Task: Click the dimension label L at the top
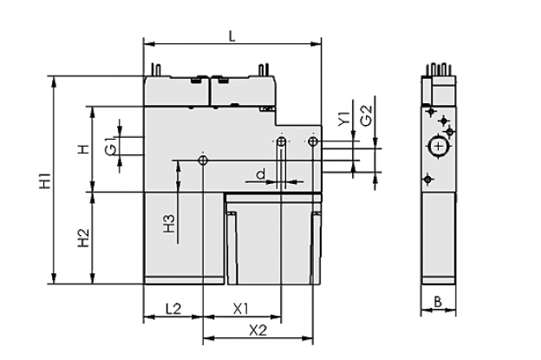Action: (x=232, y=36)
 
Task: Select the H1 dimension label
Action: (x=46, y=180)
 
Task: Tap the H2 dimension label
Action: (x=83, y=238)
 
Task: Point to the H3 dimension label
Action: (x=169, y=223)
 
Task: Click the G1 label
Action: (x=110, y=147)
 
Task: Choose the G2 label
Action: (x=366, y=115)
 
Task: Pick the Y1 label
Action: (x=344, y=118)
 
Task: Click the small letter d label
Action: (x=261, y=173)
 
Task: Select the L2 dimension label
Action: (x=173, y=309)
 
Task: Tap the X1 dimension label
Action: (x=241, y=309)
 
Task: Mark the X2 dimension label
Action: (x=258, y=331)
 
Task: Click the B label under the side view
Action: (x=438, y=302)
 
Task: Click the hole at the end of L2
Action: (x=203, y=160)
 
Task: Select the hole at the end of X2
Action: (x=313, y=141)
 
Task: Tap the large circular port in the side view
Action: (x=438, y=147)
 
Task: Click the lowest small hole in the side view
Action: (x=428, y=180)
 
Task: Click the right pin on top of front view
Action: (x=264, y=69)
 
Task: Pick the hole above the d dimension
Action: (x=281, y=141)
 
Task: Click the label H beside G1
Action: (x=83, y=149)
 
